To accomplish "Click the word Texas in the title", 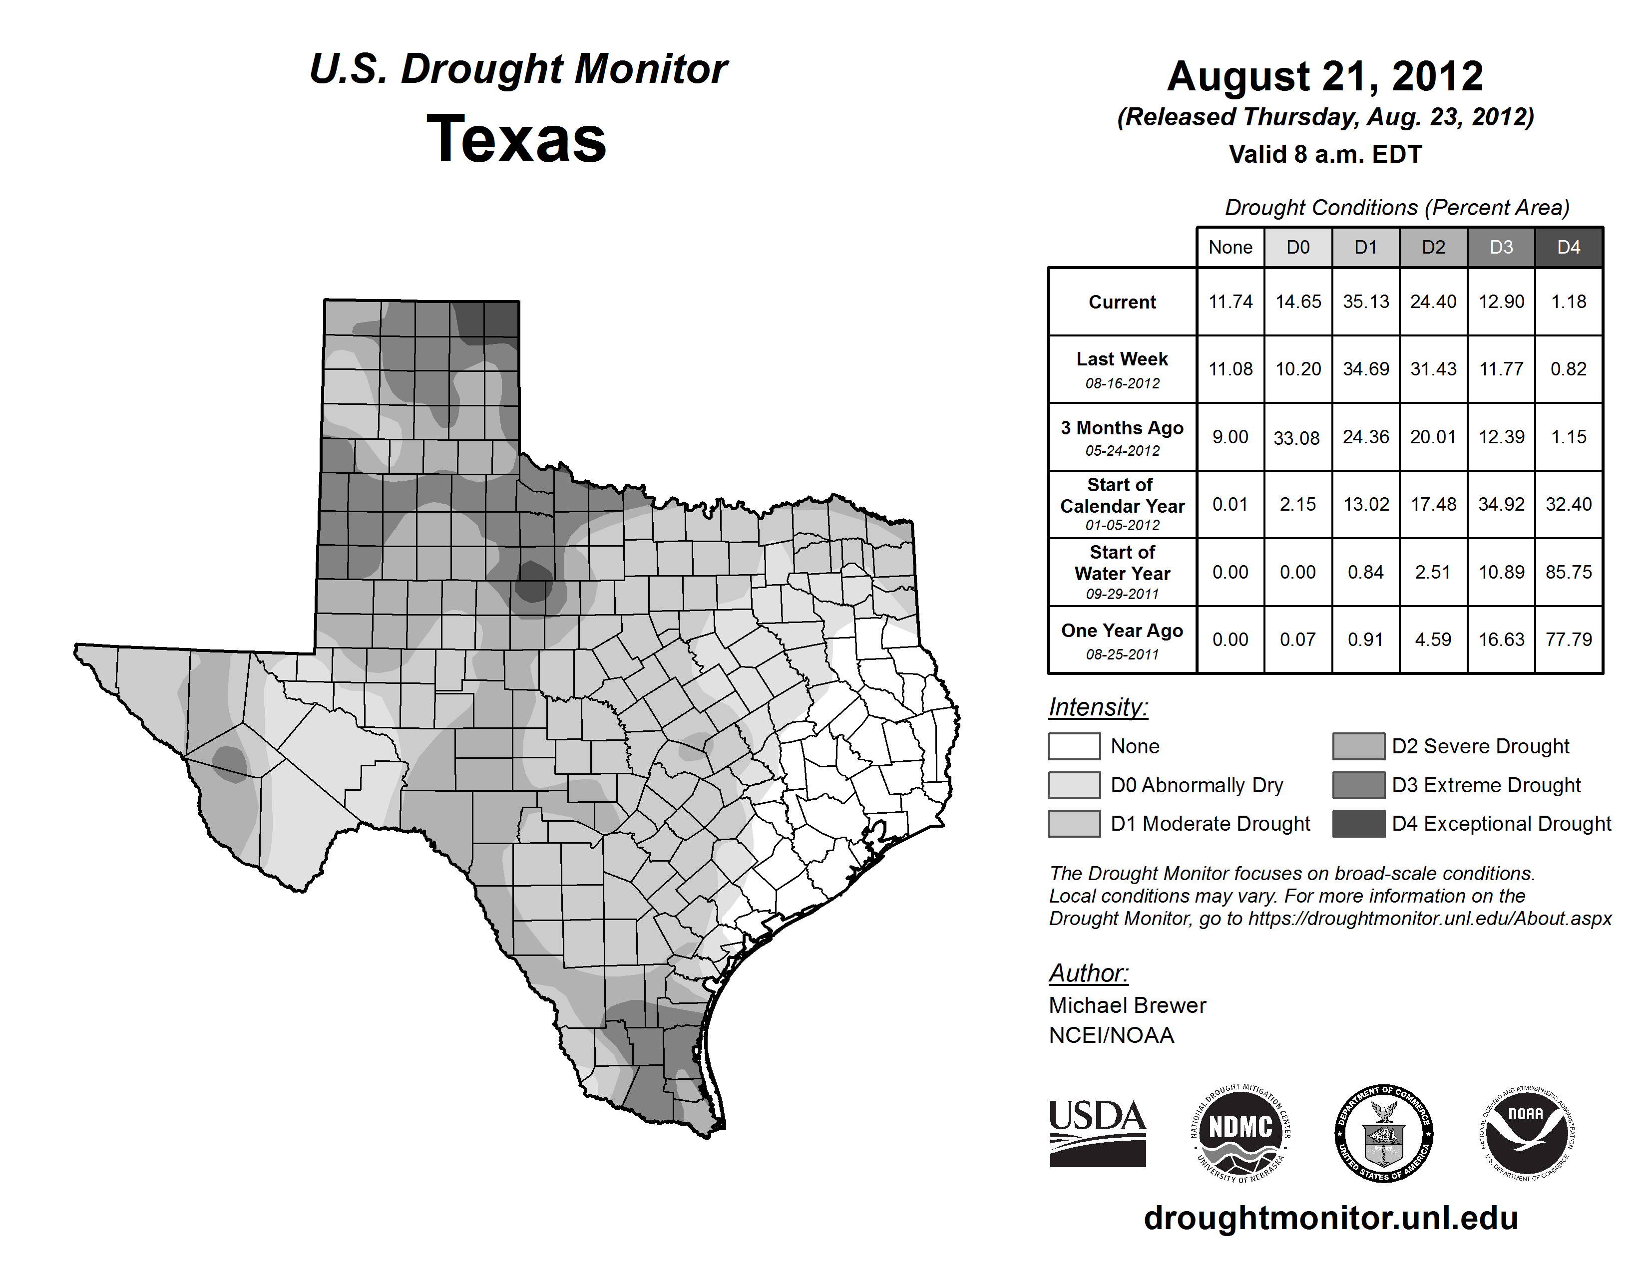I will click(x=516, y=139).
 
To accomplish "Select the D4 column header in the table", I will click(x=1568, y=247).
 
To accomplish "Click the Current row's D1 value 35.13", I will click(x=1366, y=302).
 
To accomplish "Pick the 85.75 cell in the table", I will click(x=1568, y=573).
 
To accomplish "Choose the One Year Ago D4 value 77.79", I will click(x=1568, y=639).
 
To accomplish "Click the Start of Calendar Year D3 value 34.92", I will click(x=1501, y=505).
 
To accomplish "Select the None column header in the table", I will click(x=1230, y=247).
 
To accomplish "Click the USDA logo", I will click(x=1097, y=1133).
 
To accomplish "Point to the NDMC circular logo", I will click(x=1240, y=1133).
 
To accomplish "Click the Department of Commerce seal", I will click(x=1383, y=1133).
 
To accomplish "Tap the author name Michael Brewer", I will click(x=1127, y=1005).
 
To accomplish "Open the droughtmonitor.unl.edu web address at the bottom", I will click(x=1331, y=1218).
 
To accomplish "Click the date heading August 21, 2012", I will click(x=1325, y=76).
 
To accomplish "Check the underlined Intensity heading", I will click(x=1098, y=707).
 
